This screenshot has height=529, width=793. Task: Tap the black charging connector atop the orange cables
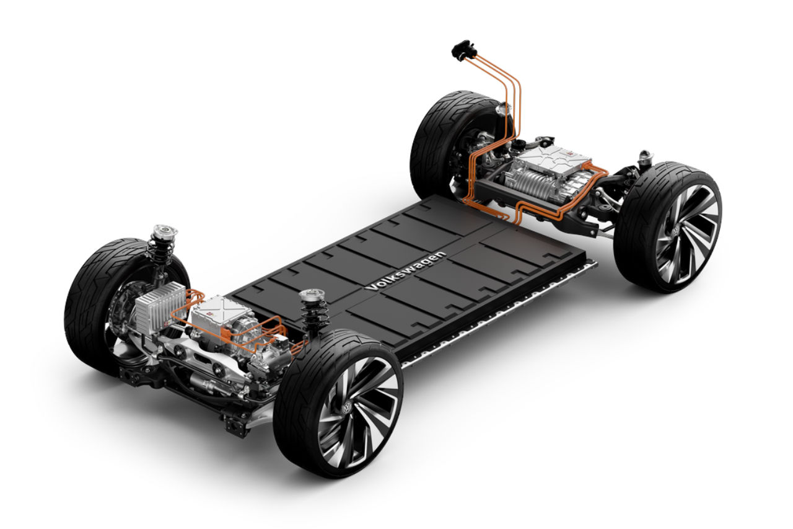(x=462, y=50)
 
